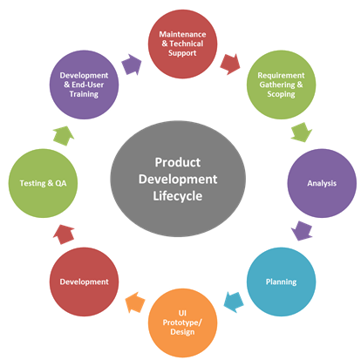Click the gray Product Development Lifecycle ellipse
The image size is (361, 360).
pyautogui.click(x=178, y=179)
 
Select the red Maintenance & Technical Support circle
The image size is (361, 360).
pyautogui.click(x=182, y=44)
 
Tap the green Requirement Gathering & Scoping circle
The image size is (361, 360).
pyautogui.click(x=281, y=85)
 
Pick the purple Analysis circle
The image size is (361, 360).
pyautogui.click(x=322, y=183)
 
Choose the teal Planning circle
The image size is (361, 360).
pyautogui.click(x=281, y=282)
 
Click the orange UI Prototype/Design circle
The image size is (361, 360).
pyautogui.click(x=182, y=323)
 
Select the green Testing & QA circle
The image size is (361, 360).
pyautogui.click(x=43, y=183)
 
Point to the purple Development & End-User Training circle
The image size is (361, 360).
pyautogui.click(x=84, y=85)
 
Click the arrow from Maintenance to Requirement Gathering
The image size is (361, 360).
pyautogui.click(x=230, y=65)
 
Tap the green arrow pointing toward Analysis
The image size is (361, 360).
pyautogui.click(x=302, y=132)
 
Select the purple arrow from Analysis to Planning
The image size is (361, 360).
pyautogui.click(x=302, y=231)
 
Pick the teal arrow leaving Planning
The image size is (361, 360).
pyautogui.click(x=234, y=302)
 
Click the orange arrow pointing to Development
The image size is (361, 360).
pyautogui.click(x=135, y=302)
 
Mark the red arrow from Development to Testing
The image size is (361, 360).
pyautogui.click(x=64, y=234)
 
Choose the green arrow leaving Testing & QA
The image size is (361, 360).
pyautogui.click(x=64, y=136)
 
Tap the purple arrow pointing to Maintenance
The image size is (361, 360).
pyautogui.click(x=132, y=65)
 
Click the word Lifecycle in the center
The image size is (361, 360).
pyautogui.click(x=178, y=196)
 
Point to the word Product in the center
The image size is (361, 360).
pyautogui.click(x=178, y=162)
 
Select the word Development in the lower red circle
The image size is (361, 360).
pyautogui.click(x=84, y=282)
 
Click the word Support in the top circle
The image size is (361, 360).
pyautogui.click(x=182, y=53)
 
